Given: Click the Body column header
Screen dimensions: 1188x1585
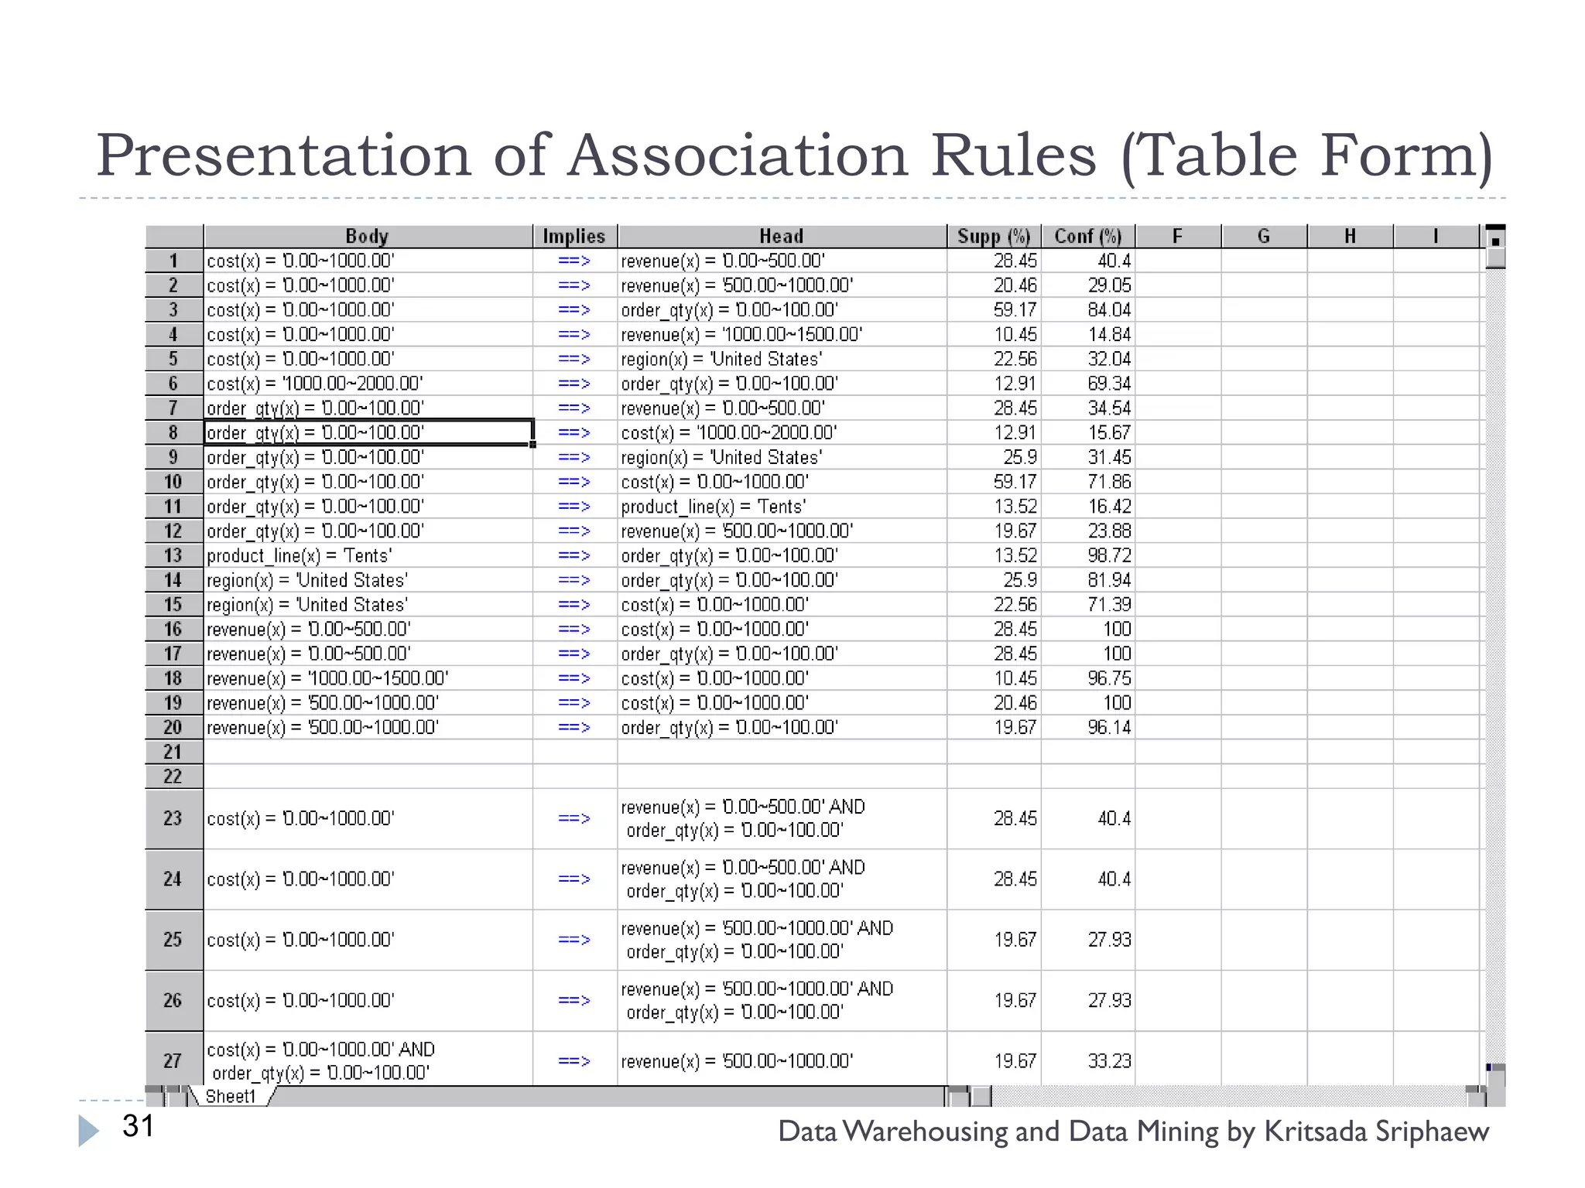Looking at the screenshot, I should click(x=367, y=236).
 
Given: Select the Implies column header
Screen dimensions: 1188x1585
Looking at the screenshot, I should click(x=573, y=236).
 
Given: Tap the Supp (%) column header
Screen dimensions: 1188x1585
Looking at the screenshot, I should click(x=993, y=236).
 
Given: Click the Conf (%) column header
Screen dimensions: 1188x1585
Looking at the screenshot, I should click(x=1087, y=236).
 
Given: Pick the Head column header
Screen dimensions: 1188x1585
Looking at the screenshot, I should click(x=781, y=236).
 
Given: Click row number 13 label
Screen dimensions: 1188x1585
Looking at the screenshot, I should click(x=173, y=555).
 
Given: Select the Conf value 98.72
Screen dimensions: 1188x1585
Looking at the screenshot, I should click(x=1108, y=555).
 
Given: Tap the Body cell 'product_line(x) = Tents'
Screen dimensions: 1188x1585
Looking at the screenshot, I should click(x=300, y=555).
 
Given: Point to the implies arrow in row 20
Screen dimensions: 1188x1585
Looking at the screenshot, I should click(x=573, y=727).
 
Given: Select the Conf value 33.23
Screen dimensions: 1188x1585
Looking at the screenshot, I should click(x=1108, y=1061).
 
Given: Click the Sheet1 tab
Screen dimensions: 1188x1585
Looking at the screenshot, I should click(x=231, y=1096).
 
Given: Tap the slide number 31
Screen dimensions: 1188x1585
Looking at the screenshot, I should click(x=139, y=1126).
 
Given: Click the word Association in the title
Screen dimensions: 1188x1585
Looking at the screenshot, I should click(x=738, y=155).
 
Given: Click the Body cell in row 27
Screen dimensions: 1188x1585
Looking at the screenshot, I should click(x=320, y=1060).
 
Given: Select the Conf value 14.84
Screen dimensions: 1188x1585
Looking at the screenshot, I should click(x=1108, y=334).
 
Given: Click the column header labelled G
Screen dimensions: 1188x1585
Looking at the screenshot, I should click(x=1263, y=236).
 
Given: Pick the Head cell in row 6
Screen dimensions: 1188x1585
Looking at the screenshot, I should click(x=729, y=384).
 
